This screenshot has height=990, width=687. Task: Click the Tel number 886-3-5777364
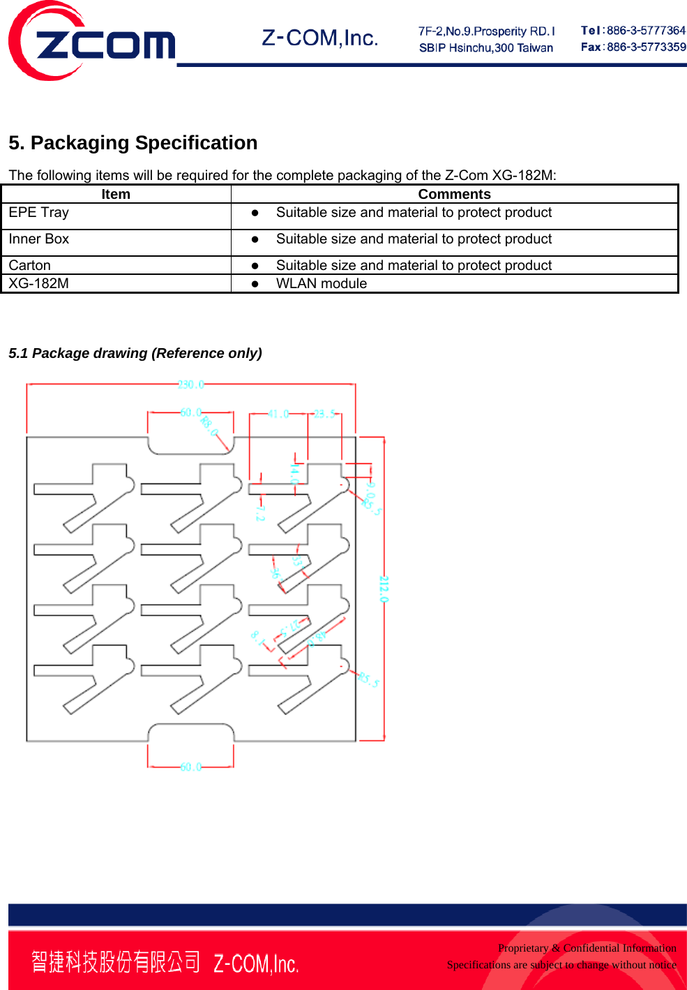tap(646, 31)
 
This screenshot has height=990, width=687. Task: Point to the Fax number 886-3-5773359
tap(646, 47)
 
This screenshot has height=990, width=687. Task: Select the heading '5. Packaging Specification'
tap(133, 143)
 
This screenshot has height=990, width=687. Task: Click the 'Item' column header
tap(116, 195)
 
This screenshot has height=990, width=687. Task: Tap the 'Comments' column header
tap(454, 195)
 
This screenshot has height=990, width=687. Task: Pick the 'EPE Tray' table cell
tap(39, 213)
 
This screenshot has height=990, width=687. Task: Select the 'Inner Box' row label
tap(39, 239)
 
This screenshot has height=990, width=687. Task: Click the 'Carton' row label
tap(30, 266)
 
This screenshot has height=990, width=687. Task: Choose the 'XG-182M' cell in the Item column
tap(39, 284)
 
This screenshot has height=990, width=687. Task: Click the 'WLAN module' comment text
tap(322, 284)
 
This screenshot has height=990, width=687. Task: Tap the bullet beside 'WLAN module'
tap(255, 284)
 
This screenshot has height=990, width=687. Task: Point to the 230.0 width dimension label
tap(190, 385)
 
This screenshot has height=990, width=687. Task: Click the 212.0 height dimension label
tap(384, 589)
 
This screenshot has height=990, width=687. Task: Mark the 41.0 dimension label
tap(278, 414)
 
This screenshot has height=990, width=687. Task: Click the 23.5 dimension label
tap(324, 414)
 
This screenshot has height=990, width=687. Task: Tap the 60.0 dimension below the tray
tap(190, 767)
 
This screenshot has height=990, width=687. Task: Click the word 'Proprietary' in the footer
tap(523, 948)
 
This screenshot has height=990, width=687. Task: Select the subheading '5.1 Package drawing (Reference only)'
tap(135, 354)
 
